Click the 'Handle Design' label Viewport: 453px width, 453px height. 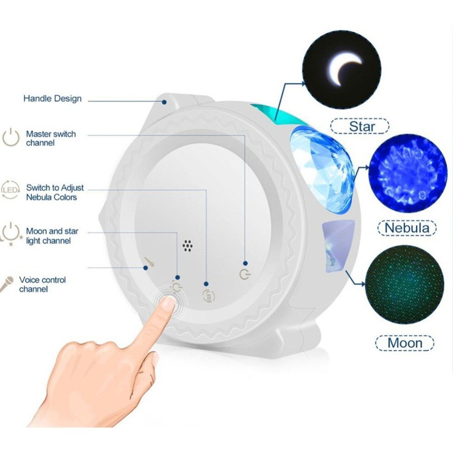coord(52,99)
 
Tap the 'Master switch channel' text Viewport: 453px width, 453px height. coord(51,138)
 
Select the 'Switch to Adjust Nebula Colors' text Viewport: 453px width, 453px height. coord(55,192)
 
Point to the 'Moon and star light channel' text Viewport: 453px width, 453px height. coord(52,236)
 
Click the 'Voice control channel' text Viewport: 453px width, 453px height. coord(42,284)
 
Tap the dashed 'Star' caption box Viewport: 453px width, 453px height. coord(360,126)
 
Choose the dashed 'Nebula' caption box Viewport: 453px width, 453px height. coord(407,228)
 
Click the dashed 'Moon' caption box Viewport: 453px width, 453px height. coord(405,343)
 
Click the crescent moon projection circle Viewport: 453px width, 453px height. coord(342,69)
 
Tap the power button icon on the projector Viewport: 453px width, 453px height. coord(245,274)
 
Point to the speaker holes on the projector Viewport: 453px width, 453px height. coord(188,245)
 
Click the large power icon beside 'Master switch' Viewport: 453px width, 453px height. coord(11,137)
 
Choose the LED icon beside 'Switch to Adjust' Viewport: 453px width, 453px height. coord(10,190)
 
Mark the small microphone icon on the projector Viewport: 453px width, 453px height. coord(150,261)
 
